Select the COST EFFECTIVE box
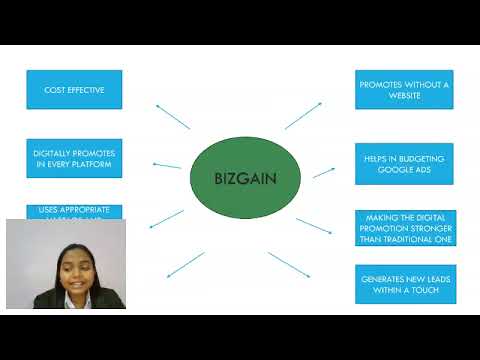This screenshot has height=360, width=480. point(74,90)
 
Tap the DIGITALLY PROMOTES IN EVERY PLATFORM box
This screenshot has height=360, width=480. point(74,158)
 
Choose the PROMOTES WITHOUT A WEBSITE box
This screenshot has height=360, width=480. point(405,90)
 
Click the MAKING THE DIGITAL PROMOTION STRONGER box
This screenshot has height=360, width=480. point(405,228)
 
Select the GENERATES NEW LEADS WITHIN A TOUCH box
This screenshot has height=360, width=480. point(405,283)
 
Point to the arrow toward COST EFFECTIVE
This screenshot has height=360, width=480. point(172,115)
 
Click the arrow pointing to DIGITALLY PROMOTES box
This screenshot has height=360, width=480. point(166,164)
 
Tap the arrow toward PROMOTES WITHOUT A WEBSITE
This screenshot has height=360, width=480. point(303,114)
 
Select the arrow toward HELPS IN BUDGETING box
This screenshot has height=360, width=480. point(323,172)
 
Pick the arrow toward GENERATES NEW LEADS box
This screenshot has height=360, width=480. point(289,264)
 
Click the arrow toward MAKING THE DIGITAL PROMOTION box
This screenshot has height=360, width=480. point(314,226)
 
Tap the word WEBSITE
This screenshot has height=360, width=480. point(405,96)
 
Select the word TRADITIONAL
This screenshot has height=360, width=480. point(425,240)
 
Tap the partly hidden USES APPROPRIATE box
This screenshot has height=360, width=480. point(74,211)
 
